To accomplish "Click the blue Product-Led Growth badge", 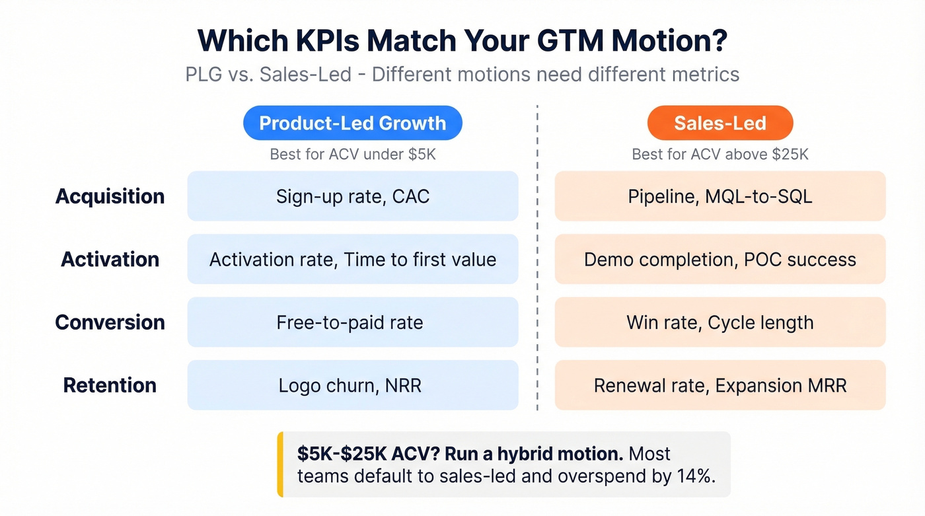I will (x=352, y=123).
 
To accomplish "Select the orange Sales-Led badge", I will (x=720, y=123).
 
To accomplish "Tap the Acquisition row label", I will (x=110, y=196).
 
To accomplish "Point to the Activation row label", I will (x=110, y=259).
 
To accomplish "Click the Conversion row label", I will (x=110, y=322).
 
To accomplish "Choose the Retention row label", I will (x=110, y=385).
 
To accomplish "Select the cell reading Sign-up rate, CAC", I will (x=352, y=196).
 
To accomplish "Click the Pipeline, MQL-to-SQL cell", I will (x=720, y=196).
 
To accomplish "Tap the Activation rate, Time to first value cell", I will (x=352, y=259).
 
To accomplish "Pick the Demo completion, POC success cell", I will (x=720, y=259).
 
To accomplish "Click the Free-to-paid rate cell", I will (x=352, y=322).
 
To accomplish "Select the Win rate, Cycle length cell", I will (x=720, y=322).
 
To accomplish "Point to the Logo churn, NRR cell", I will (x=352, y=385).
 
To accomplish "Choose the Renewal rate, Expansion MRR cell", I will (x=720, y=385).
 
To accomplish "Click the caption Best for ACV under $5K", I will (x=352, y=155).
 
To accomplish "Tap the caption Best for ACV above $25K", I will (x=720, y=155).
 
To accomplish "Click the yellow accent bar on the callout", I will (x=280, y=464).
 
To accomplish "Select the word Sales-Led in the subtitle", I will (x=305, y=74).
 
